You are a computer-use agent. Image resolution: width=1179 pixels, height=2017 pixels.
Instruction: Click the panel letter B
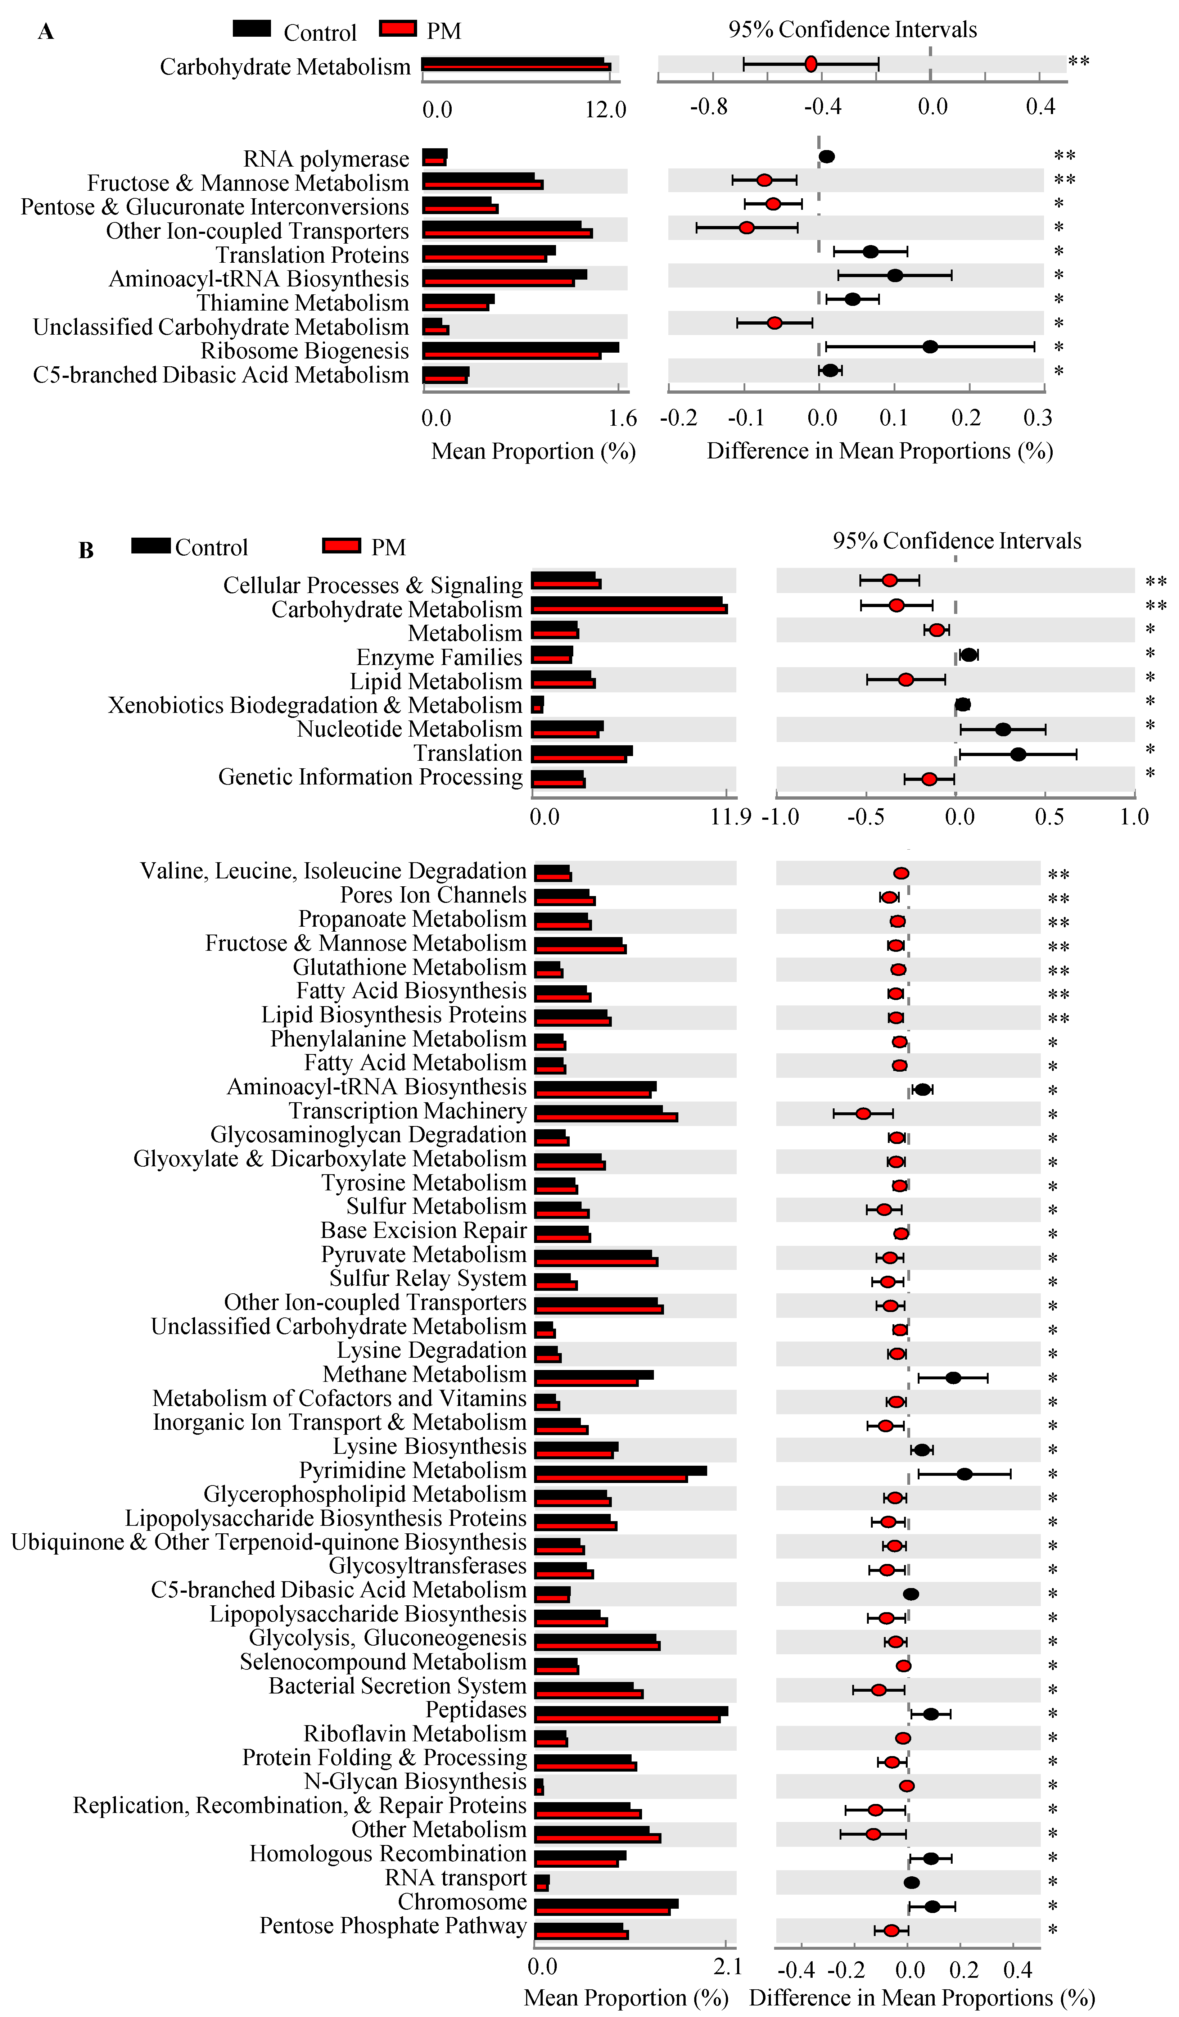[x=86, y=551]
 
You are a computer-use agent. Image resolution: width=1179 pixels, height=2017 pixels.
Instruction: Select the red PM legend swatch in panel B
[x=341, y=546]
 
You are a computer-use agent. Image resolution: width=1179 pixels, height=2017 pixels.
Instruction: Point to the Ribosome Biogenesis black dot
[x=929, y=347]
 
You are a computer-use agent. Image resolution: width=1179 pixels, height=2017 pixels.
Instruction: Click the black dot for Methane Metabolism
[x=953, y=1378]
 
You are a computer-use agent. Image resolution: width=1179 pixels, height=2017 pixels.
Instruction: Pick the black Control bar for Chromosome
[x=606, y=1903]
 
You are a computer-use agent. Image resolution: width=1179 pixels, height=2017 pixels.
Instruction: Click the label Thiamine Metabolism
[x=303, y=303]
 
